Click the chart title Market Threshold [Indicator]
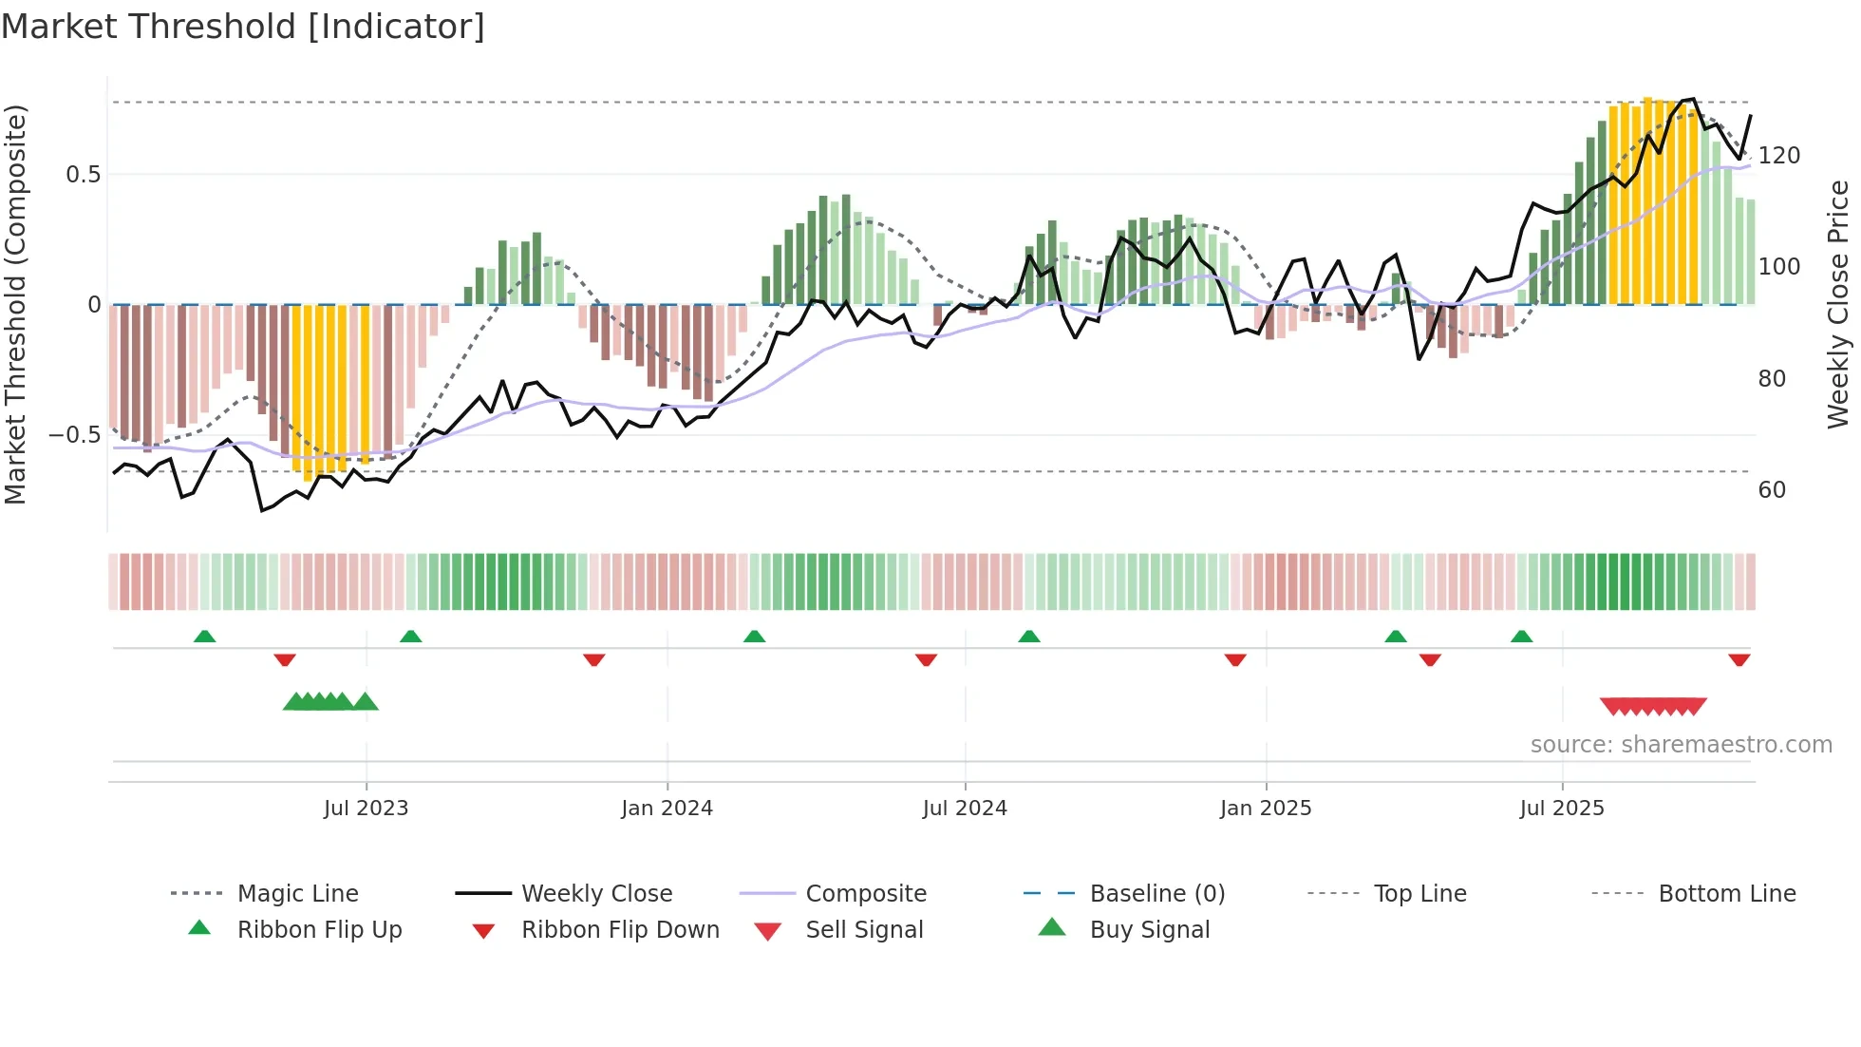[x=243, y=27]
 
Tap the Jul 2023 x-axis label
[x=366, y=809]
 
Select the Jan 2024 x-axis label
[x=667, y=809]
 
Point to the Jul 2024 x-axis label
[x=965, y=809]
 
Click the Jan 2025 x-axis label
[x=1266, y=809]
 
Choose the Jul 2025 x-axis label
[x=1562, y=809]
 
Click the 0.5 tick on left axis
[x=84, y=175]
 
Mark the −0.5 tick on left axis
[x=75, y=435]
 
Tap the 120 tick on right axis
[x=1778, y=156]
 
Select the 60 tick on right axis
[x=1772, y=490]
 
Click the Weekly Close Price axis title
[x=1838, y=304]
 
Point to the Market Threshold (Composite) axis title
[x=15, y=304]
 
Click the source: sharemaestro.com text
[x=1681, y=745]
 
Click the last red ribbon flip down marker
[x=1739, y=659]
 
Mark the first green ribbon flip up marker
[x=204, y=637]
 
